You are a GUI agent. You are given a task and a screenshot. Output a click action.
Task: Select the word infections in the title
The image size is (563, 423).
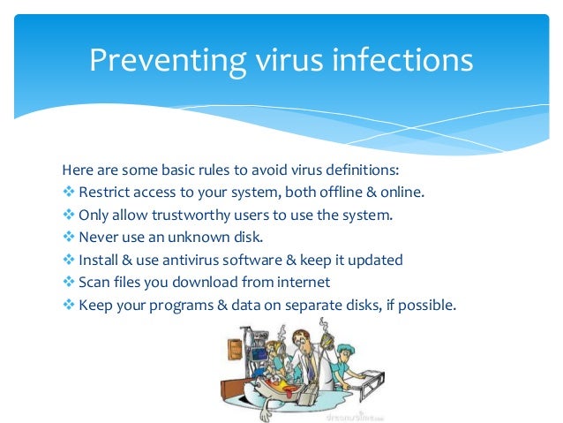404,61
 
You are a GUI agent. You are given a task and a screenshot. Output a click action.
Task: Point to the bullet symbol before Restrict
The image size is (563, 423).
69,192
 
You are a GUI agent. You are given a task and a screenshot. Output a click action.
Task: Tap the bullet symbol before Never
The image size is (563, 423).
69,238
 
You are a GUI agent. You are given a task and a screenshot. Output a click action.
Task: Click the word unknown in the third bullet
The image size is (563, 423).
191,238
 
